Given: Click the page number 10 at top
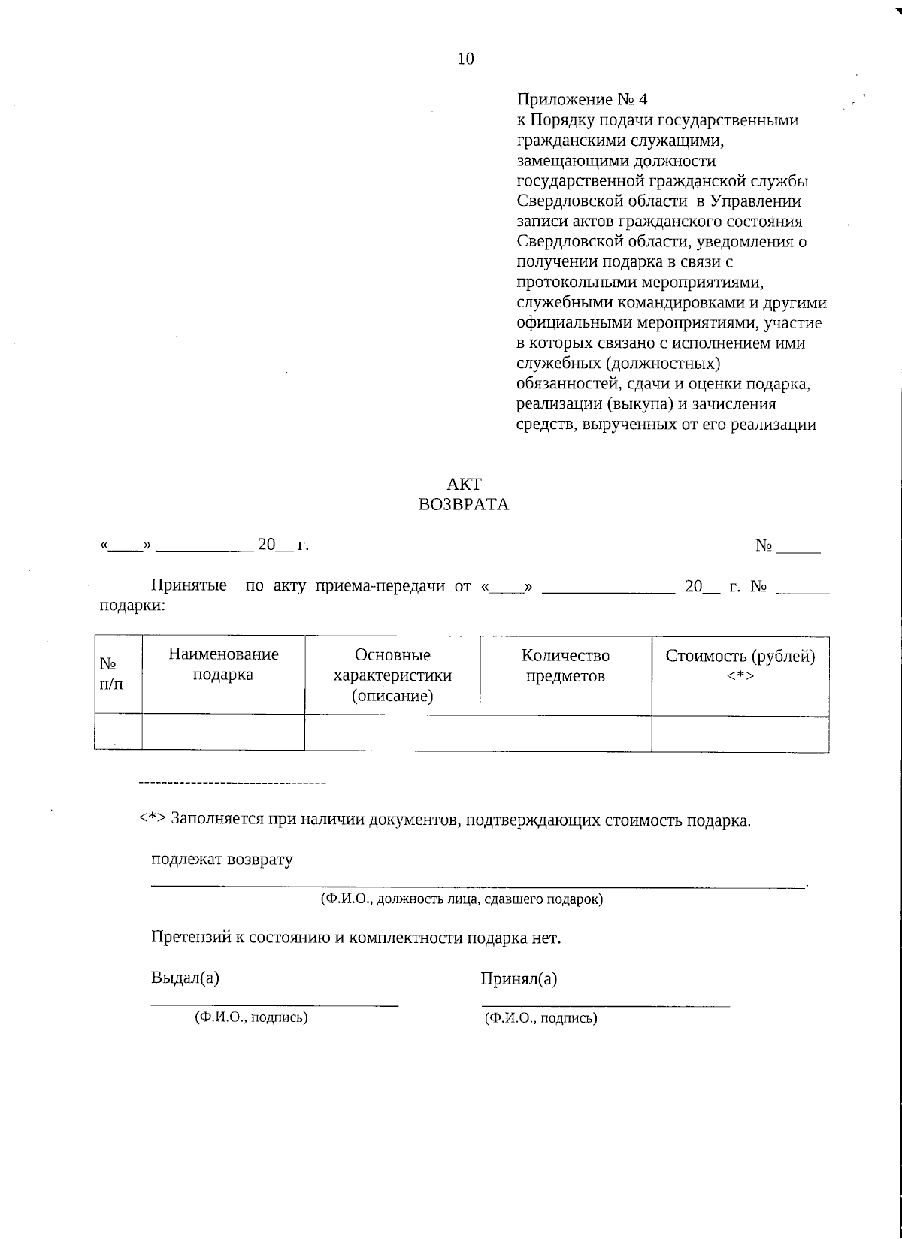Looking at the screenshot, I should pos(465,59).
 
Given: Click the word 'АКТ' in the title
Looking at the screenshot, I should pos(464,485).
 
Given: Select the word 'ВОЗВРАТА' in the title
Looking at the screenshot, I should pos(464,505).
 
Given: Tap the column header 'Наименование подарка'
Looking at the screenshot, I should pos(223,664).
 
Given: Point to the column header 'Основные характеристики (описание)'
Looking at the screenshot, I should pos(392,675).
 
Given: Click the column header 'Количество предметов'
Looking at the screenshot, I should pos(565,666).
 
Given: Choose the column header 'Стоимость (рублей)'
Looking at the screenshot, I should pos(740,657).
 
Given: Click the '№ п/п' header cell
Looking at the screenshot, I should pos(110,674).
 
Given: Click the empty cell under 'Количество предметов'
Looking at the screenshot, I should pos(565,733).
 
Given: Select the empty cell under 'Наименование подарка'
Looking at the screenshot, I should pos(223,733).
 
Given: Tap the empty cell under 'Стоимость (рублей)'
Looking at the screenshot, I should pos(740,733).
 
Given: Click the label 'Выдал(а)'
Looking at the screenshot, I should pos(185,978).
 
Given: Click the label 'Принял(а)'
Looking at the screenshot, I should pos(519,979).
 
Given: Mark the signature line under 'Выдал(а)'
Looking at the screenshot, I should pos(274,1004).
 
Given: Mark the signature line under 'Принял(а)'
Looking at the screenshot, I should pos(605,1005).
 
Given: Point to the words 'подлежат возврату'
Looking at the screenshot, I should pos(222,860).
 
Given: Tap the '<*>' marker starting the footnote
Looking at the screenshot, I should pos(153,820).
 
